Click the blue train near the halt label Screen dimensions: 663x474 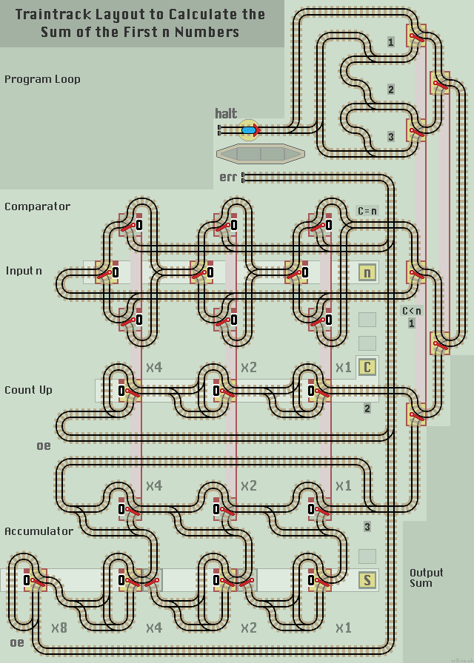click(x=250, y=130)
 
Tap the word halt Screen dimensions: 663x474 click(x=226, y=113)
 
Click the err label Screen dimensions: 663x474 click(x=227, y=178)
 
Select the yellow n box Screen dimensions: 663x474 click(x=367, y=272)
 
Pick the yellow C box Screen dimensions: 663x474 click(x=367, y=367)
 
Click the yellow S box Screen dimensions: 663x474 click(x=367, y=579)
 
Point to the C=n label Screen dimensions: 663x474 click(x=367, y=211)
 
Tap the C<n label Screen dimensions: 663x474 click(x=411, y=311)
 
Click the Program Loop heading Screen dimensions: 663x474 click(x=42, y=79)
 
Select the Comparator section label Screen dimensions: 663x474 click(x=38, y=206)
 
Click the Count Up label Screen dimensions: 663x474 click(x=28, y=390)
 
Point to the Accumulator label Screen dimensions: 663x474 click(x=39, y=531)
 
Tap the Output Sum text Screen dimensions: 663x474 click(x=426, y=577)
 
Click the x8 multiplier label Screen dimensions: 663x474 click(x=59, y=627)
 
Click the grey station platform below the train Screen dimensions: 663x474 click(x=260, y=154)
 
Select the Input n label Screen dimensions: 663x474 click(x=24, y=271)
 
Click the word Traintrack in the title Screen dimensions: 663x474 click(x=54, y=14)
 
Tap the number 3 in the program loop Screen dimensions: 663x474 click(x=391, y=136)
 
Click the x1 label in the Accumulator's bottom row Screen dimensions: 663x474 click(x=343, y=627)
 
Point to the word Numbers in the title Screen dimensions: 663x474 click(x=206, y=32)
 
